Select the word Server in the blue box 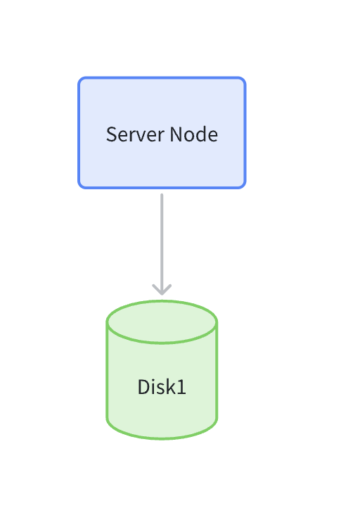click(x=132, y=134)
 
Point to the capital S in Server click(x=111, y=134)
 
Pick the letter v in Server click(x=137, y=134)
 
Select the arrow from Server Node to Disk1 click(x=162, y=239)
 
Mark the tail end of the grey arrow click(x=162, y=196)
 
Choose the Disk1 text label click(x=162, y=387)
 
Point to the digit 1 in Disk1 click(x=182, y=387)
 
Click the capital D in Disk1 click(x=143, y=387)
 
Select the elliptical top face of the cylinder click(x=162, y=322)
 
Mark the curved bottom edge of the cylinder click(x=162, y=437)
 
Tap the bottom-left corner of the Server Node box click(x=80, y=186)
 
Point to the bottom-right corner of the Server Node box click(x=243, y=186)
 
